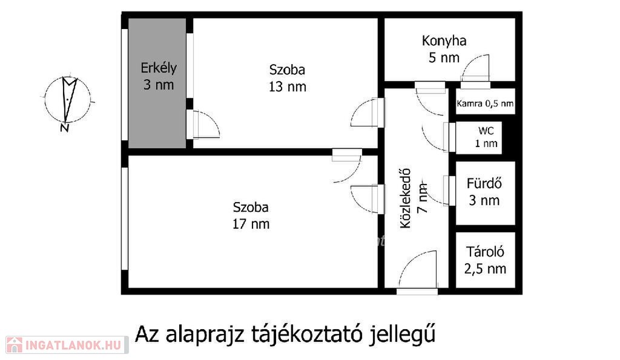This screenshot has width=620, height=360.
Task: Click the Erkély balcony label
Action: pos(159,68)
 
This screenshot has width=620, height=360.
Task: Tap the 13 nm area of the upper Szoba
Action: pos(288,87)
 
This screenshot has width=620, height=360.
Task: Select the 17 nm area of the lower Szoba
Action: pos(251,224)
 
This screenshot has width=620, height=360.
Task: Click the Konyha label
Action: pos(444,41)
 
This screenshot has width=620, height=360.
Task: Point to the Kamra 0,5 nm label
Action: pos(485,103)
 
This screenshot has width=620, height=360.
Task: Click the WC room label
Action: pos(486,131)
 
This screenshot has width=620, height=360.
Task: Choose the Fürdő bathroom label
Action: pos(484,183)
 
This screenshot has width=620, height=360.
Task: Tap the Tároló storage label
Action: pos(485,252)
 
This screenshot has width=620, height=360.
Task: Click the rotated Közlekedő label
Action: pos(406,198)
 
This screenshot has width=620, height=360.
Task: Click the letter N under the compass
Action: pos(65,128)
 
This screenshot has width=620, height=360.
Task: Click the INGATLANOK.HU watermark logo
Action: pos(67,345)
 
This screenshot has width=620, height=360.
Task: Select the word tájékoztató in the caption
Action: pos(307,335)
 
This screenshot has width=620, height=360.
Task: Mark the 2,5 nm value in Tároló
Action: pos(485,269)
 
